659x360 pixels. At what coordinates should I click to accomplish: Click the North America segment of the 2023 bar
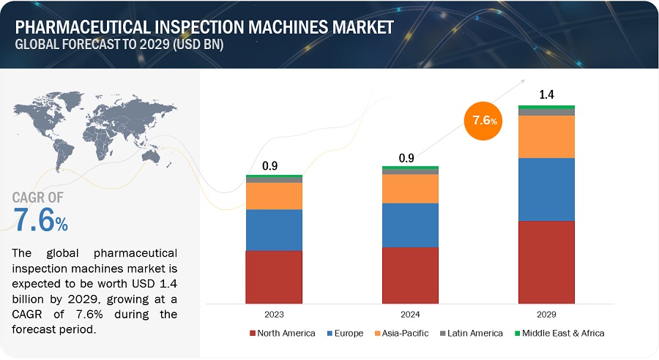273,277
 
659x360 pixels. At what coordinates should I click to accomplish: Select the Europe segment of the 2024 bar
410,225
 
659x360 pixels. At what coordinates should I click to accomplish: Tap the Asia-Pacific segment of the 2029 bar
546,136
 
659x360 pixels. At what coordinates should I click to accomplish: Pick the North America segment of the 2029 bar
546,261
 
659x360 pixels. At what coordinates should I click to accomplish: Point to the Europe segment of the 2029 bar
546,189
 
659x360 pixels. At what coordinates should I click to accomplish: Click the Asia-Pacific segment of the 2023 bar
273,195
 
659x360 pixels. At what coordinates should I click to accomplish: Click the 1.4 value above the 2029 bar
546,94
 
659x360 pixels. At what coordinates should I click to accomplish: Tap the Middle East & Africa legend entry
560,334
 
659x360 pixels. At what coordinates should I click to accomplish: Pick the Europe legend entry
346,334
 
